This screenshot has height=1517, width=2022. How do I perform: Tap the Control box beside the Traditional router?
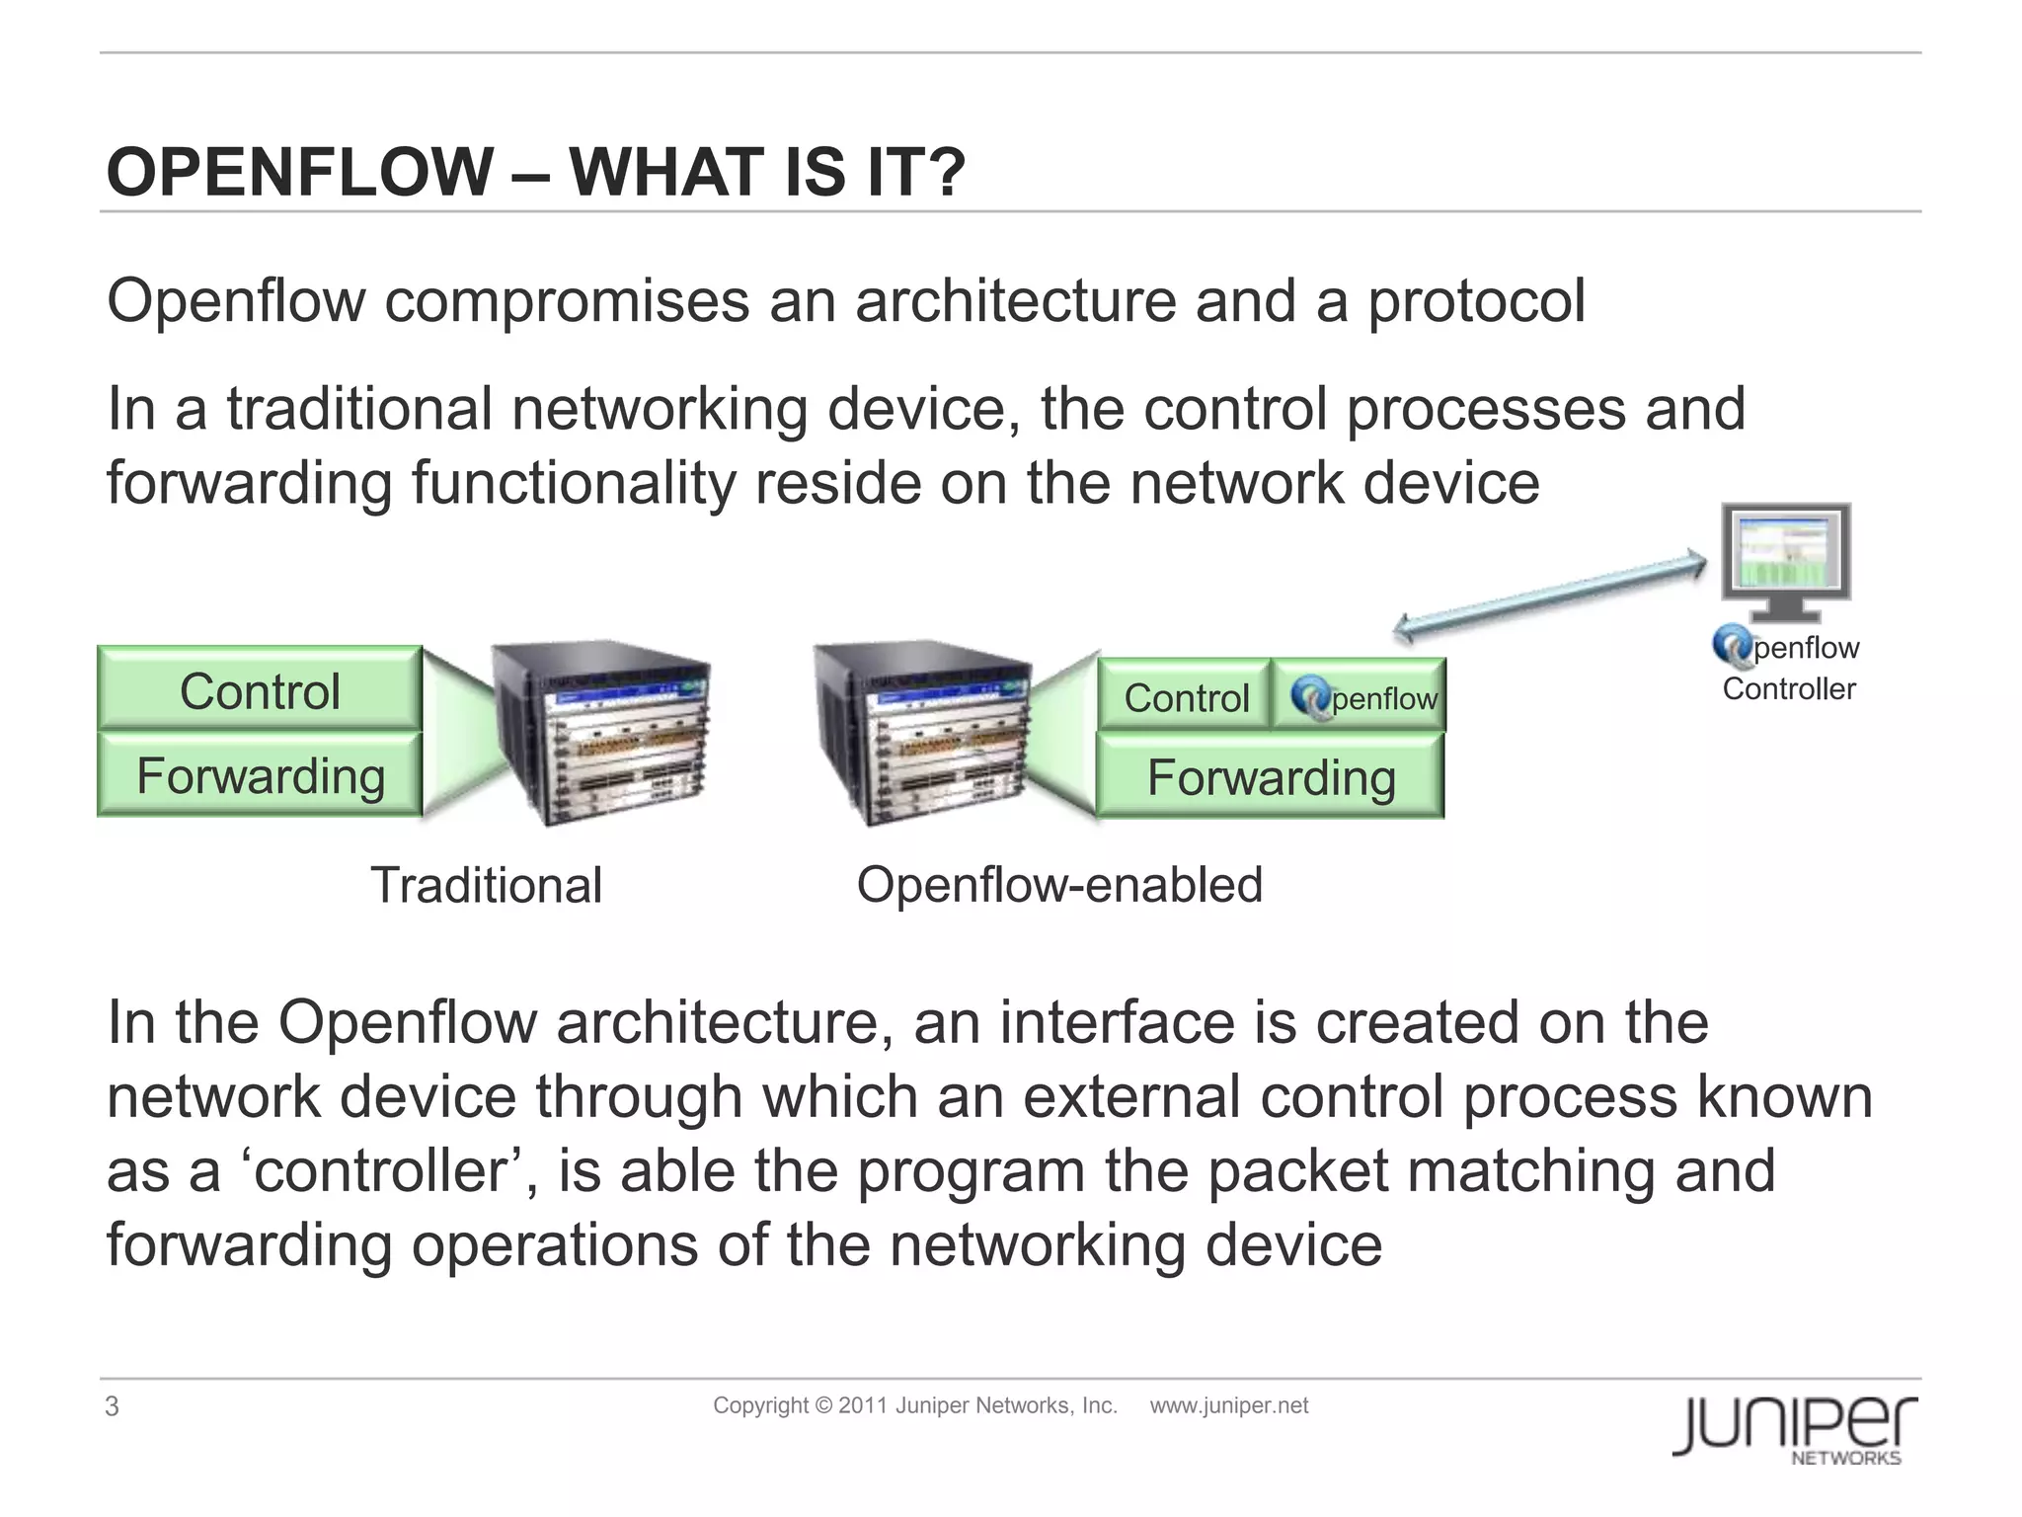point(260,690)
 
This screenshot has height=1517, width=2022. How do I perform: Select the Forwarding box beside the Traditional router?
point(260,775)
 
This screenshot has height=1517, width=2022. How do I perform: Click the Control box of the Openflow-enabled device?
point(1185,697)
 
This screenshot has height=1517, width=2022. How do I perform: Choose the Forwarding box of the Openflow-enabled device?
point(1271,777)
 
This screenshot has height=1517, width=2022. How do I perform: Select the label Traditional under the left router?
point(486,885)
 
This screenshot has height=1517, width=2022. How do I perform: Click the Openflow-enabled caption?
point(1059,884)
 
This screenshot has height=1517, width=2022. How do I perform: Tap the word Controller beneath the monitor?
point(1788,688)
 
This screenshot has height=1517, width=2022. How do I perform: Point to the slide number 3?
point(112,1406)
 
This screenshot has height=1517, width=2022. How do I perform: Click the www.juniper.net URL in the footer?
point(1228,1405)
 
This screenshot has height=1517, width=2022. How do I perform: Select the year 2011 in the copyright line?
point(864,1405)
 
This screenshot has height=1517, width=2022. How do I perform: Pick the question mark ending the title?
point(946,172)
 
